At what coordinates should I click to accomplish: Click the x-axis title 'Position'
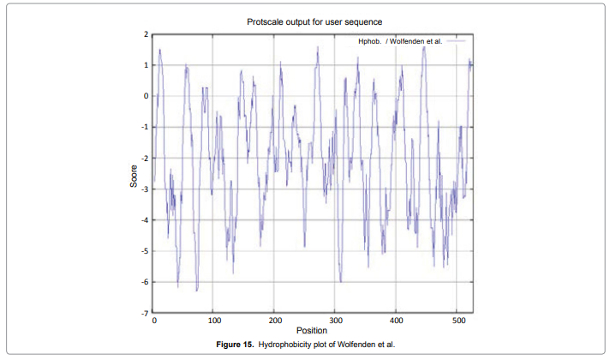[311, 330]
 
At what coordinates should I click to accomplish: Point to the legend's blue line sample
[456, 40]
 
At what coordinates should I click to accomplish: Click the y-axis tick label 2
[146, 34]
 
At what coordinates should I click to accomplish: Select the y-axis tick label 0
[146, 96]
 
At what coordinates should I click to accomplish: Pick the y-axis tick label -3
[144, 189]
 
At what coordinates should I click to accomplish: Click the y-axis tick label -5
[144, 251]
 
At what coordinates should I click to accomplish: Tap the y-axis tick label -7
[144, 314]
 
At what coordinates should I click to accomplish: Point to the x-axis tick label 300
[335, 321]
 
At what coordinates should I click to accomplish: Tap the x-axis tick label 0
[153, 321]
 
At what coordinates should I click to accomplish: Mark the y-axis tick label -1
[144, 127]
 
